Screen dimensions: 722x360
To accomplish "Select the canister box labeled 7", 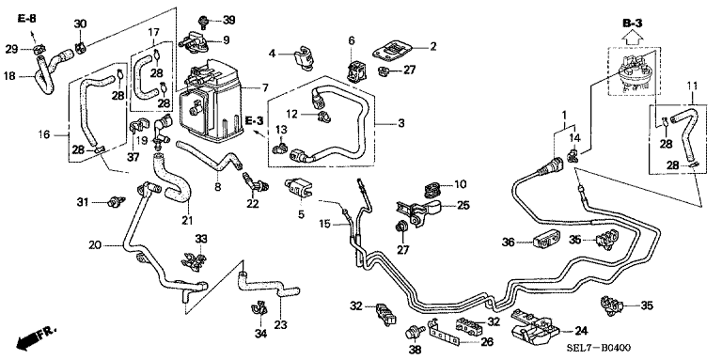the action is pos(211,100).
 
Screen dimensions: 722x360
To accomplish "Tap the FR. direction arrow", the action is pos(35,337).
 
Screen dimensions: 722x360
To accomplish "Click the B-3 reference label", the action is pos(632,23).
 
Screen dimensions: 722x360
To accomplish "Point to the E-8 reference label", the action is pos(27,19).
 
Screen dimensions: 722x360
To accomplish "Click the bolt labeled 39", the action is pos(203,21).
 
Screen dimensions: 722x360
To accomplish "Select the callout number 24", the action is pos(580,330).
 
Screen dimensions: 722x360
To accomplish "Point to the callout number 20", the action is pos(94,246).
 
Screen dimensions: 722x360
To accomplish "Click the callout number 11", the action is pos(692,86).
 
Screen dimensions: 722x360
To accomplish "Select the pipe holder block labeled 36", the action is pos(547,240).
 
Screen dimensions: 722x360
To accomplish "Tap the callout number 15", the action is pos(326,224).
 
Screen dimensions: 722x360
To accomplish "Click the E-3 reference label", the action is pos(254,120).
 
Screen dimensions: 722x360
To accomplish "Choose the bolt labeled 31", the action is pos(117,201).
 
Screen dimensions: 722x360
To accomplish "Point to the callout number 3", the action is pos(401,123).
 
